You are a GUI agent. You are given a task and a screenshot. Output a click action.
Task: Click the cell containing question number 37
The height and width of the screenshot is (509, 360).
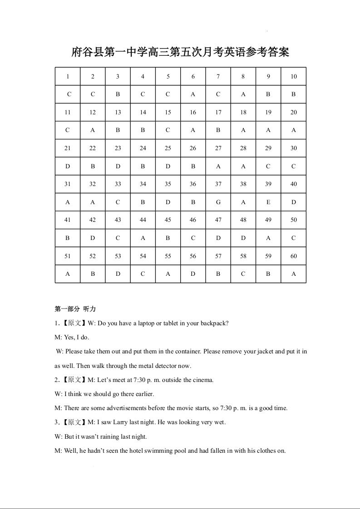[218, 184]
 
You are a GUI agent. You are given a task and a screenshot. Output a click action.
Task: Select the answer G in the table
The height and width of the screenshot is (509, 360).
[218, 202]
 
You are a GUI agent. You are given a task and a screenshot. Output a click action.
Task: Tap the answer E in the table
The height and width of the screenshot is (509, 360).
[268, 202]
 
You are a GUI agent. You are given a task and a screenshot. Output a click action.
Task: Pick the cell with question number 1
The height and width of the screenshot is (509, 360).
[68, 76]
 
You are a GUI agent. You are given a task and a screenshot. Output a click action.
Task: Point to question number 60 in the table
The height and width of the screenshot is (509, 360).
[294, 256]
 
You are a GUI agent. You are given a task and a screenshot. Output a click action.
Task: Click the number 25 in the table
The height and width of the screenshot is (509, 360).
[168, 148]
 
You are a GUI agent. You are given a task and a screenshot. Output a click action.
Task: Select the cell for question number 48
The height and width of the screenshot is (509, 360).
[243, 220]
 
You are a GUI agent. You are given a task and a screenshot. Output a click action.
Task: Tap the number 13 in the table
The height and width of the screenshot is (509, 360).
[118, 112]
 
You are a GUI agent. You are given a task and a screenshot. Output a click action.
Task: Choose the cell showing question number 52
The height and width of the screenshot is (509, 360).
[93, 256]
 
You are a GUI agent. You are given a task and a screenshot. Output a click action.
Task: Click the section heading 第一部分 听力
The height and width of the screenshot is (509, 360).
[75, 309]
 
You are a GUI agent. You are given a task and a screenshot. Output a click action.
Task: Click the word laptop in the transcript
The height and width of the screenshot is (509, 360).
[144, 323]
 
